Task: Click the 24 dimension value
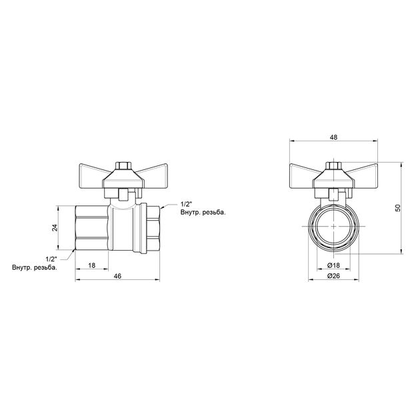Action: [55, 228]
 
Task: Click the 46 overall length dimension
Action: [117, 276]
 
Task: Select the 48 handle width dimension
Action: [333, 137]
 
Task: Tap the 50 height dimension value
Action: [398, 208]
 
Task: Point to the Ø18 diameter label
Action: [333, 265]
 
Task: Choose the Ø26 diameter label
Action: [333, 276]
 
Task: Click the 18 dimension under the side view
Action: [91, 265]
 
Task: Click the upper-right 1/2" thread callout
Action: [187, 205]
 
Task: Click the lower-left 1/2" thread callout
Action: [51, 259]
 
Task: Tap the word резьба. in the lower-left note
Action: [45, 267]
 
